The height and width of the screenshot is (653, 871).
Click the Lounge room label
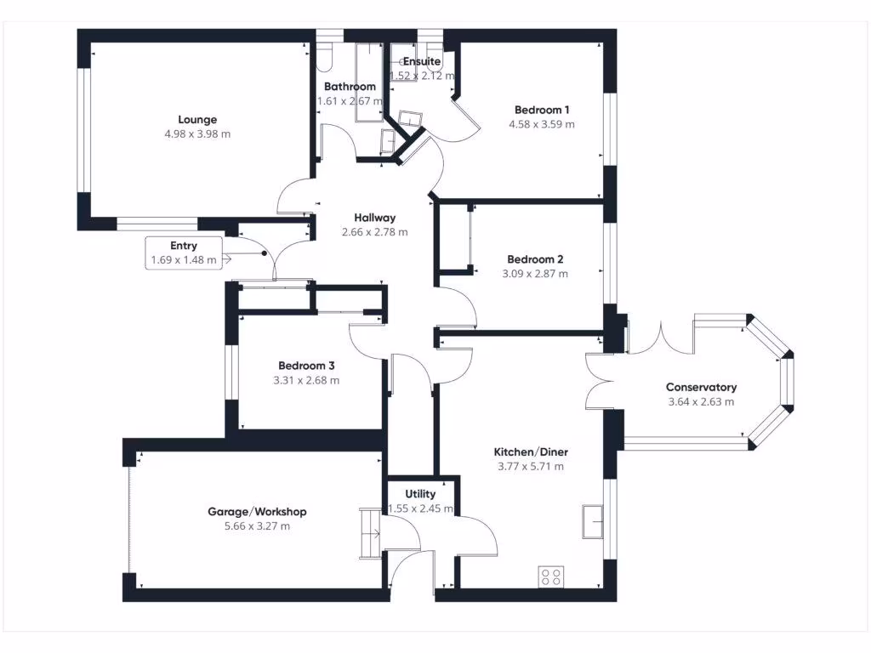click(x=197, y=119)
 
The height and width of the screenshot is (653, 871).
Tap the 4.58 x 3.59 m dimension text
click(x=542, y=124)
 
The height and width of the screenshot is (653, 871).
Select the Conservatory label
click(x=701, y=387)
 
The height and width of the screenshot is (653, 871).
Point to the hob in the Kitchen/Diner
click(x=551, y=576)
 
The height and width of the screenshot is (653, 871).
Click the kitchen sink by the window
click(x=593, y=521)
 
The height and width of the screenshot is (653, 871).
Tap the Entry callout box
click(x=184, y=253)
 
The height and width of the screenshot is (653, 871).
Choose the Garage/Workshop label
click(x=257, y=511)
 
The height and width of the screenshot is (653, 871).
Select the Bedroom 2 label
click(x=535, y=259)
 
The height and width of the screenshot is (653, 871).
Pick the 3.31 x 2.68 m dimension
click(x=306, y=380)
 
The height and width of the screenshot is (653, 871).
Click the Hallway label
click(x=375, y=218)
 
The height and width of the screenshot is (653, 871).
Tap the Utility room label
click(x=420, y=494)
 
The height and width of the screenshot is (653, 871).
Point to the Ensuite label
click(x=422, y=61)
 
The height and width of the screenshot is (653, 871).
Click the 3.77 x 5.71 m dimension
click(x=531, y=467)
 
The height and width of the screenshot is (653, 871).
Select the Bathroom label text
click(x=350, y=86)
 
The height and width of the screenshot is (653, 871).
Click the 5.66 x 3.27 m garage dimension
click(x=257, y=525)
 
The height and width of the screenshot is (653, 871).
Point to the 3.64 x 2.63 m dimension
click(x=701, y=401)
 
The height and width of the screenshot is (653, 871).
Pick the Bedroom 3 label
click(x=306, y=366)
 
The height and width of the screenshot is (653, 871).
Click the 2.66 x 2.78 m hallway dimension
click(x=375, y=232)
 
